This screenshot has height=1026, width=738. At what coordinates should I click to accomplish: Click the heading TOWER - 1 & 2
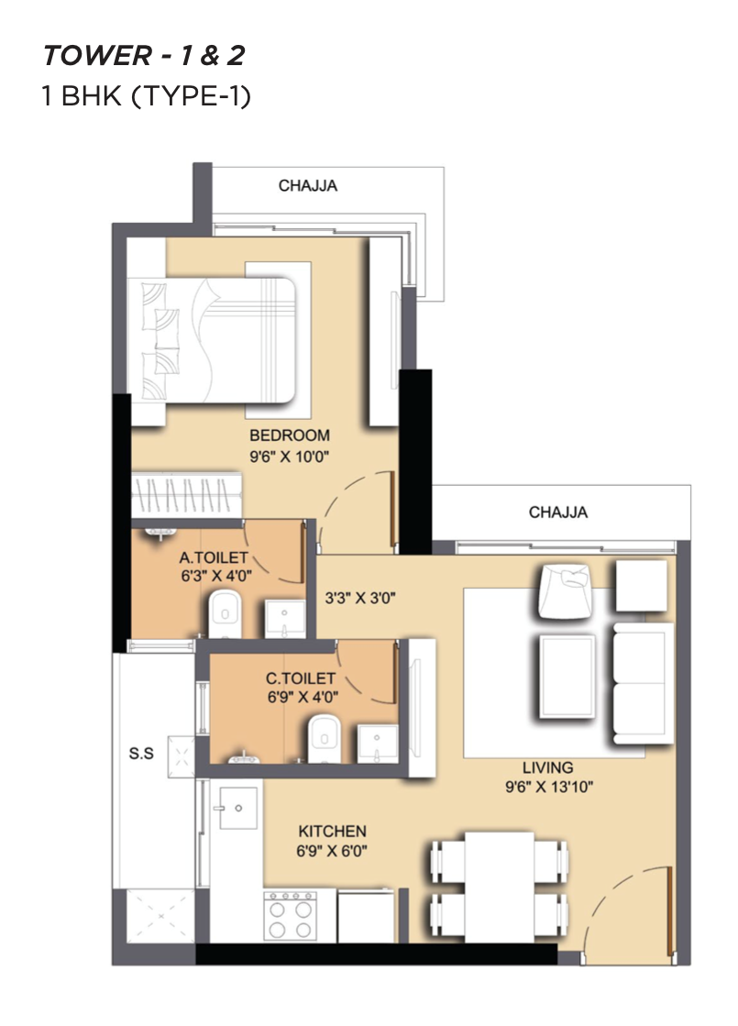tap(144, 56)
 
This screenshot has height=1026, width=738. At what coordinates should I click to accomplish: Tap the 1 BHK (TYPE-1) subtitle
tap(146, 96)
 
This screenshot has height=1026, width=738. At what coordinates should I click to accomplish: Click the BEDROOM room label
tap(289, 436)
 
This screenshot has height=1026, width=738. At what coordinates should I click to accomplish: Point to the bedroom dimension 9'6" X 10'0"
tap(289, 456)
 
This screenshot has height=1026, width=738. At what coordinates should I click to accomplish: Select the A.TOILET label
tap(214, 557)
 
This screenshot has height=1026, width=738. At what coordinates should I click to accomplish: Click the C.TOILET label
tap(301, 678)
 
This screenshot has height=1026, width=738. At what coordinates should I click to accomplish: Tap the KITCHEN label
tap(332, 831)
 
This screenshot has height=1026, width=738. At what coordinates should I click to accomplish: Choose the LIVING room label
tap(547, 767)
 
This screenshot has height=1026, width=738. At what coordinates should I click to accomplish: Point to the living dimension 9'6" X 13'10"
tap(549, 787)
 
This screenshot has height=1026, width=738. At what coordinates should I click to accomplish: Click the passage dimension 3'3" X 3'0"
tap(360, 598)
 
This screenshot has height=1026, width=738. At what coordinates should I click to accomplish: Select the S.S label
tap(141, 753)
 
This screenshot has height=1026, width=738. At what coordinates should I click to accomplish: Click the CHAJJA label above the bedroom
tap(307, 185)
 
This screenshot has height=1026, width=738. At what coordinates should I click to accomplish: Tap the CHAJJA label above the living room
tap(558, 512)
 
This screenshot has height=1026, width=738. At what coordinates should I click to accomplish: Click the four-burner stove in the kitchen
tap(290, 915)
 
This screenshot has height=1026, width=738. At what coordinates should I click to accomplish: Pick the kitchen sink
tap(238, 808)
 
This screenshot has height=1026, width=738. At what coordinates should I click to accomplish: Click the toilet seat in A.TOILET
tap(225, 613)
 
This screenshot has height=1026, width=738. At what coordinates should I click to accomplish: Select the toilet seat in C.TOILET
tap(325, 738)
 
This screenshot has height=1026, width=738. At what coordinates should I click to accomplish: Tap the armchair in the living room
tap(566, 590)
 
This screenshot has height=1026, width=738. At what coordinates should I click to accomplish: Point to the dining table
tap(500, 887)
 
